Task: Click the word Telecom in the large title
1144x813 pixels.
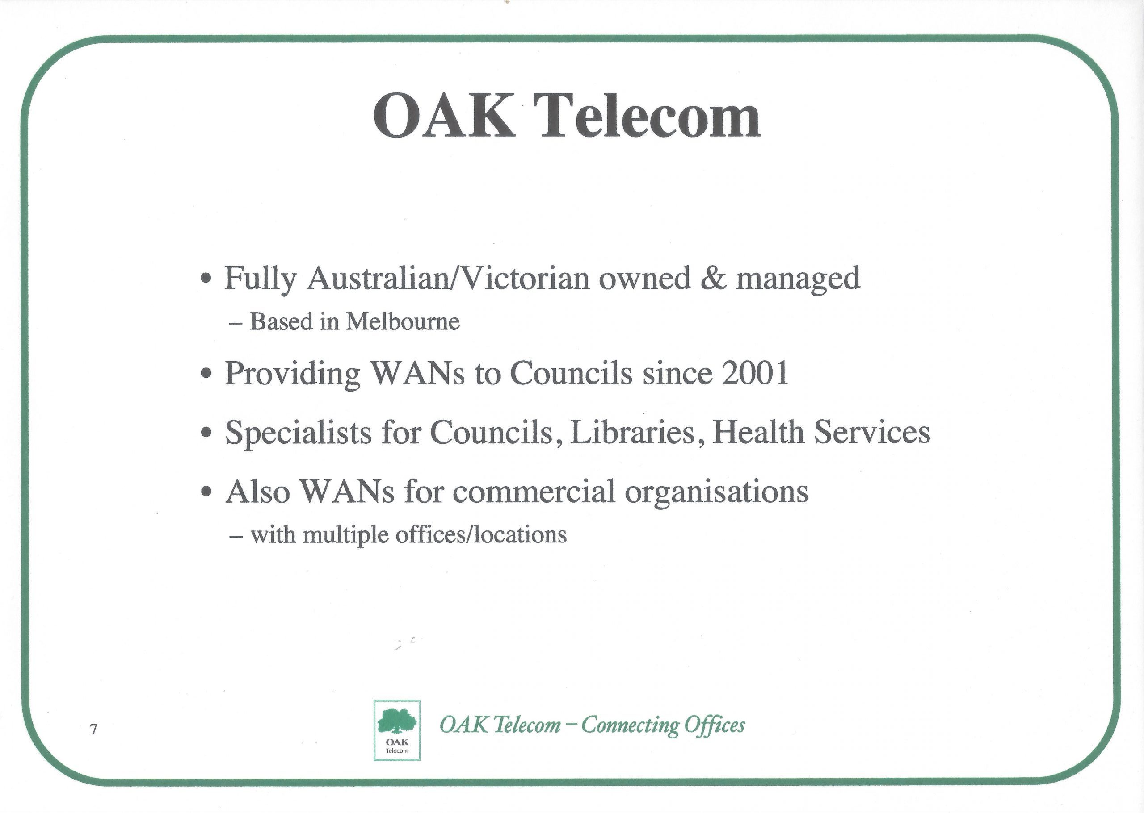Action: (650, 116)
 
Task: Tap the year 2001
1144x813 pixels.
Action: (755, 373)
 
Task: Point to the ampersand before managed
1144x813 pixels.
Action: (714, 278)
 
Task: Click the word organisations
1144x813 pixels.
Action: (717, 493)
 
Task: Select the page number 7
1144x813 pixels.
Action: (94, 729)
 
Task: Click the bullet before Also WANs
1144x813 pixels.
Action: (205, 493)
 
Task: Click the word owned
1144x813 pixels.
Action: (644, 278)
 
